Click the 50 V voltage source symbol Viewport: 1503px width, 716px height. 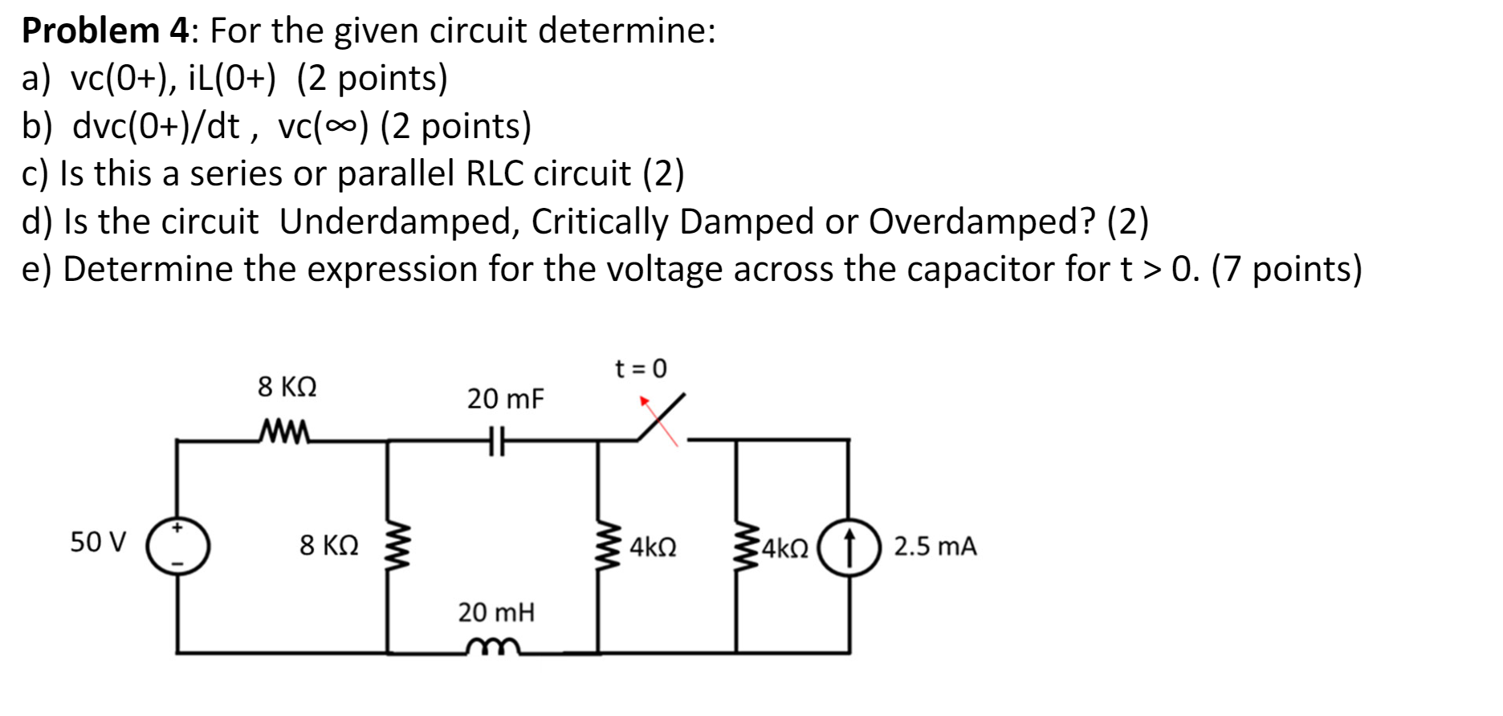[177, 545]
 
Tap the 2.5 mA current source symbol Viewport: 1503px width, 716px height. [849, 547]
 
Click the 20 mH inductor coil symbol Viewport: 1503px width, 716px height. [491, 646]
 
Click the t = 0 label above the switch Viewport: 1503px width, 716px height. [640, 368]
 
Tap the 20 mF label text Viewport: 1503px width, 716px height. [505, 398]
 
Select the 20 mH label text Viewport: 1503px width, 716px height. [496, 612]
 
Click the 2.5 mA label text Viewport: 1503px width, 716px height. [935, 547]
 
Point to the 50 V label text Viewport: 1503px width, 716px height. [98, 542]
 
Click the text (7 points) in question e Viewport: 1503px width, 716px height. [1286, 269]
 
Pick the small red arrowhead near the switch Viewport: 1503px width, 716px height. [643, 399]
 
